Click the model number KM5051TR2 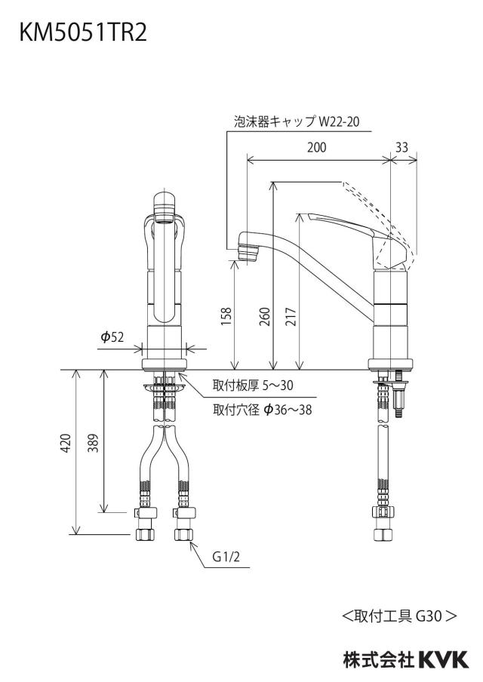click(83, 33)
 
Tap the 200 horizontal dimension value click(316, 147)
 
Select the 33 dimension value click(401, 147)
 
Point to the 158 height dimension click(226, 316)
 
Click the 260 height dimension click(264, 316)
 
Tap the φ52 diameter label click(112, 336)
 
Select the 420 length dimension click(65, 443)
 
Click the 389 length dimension click(93, 443)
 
